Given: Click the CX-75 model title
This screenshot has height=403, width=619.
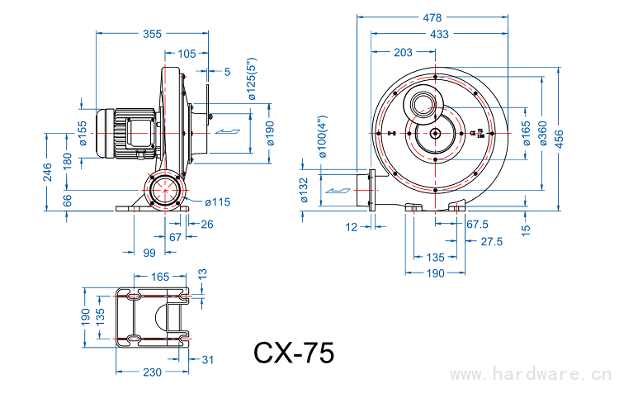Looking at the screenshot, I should [294, 353].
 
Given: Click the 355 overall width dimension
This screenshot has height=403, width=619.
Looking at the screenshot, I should [152, 34].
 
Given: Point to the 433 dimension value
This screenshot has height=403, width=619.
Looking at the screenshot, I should [439, 34].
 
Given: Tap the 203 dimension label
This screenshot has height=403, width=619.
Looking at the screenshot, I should [404, 53].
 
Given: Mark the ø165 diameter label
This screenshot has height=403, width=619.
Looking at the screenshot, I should [526, 133].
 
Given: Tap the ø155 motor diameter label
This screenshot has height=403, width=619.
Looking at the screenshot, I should [83, 133].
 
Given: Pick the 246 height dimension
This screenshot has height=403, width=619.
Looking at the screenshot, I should [49, 172].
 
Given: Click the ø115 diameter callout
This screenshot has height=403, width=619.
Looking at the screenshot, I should [216, 202].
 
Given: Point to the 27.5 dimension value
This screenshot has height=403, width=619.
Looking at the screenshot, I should [492, 241].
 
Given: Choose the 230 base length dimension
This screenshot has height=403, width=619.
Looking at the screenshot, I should [152, 372].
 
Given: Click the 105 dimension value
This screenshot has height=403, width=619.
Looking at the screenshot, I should [187, 53].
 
